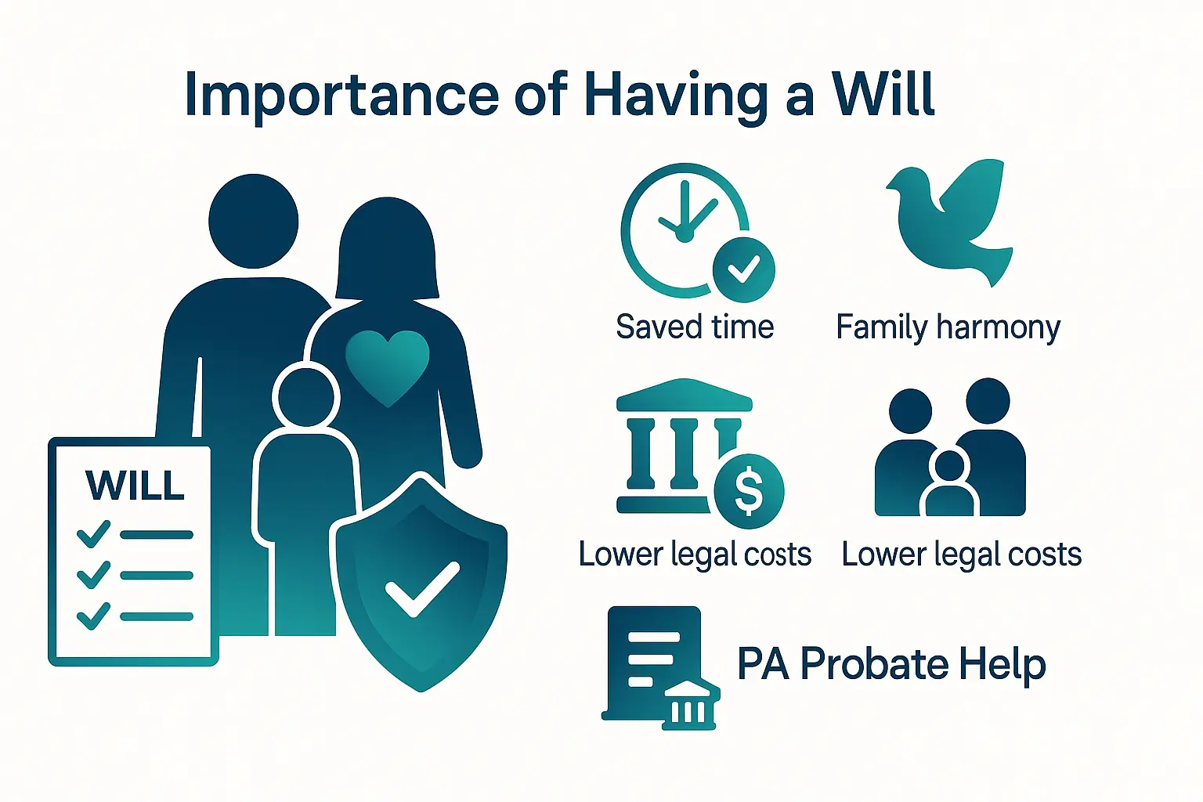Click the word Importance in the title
click(341, 95)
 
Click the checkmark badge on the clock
click(743, 270)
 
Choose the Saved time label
click(695, 327)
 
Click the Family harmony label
click(948, 327)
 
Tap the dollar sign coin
click(749, 491)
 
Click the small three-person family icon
click(950, 450)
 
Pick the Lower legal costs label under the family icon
click(961, 555)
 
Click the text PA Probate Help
click(891, 664)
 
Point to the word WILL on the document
click(135, 486)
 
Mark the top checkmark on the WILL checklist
click(94, 534)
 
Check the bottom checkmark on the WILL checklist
click(94, 616)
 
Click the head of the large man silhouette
click(254, 221)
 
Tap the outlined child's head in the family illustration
click(306, 396)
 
